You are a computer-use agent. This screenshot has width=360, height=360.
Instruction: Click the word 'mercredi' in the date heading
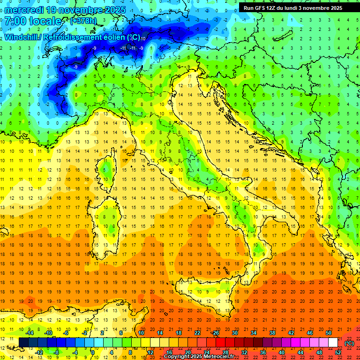23,10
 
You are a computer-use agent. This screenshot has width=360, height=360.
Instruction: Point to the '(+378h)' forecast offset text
83,21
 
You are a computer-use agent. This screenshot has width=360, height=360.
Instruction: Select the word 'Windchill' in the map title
22,37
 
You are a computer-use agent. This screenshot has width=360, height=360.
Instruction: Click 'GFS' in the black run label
261,8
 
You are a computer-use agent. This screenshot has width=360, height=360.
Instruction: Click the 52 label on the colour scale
338,352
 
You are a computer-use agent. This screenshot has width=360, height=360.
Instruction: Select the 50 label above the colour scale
329,333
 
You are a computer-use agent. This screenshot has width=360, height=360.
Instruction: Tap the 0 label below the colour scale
93,352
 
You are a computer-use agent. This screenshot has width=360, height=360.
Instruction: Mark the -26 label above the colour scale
215,333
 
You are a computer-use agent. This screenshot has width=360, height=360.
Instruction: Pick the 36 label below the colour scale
263,352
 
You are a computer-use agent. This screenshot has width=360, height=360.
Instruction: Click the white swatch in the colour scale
333,343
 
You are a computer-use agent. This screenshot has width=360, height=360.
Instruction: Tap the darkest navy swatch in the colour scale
23,343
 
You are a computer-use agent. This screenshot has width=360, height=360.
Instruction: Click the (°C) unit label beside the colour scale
349,343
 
